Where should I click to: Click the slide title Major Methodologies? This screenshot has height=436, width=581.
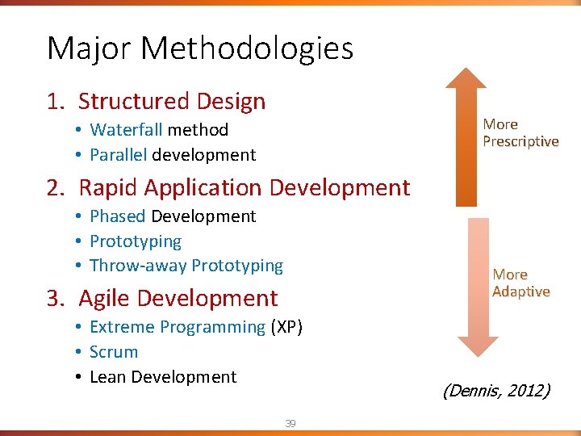200,48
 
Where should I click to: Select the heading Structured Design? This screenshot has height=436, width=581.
171,101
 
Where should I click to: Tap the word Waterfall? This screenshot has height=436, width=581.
126,130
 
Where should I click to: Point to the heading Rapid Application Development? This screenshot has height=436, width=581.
244,187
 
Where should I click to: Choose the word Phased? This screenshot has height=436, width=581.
118,216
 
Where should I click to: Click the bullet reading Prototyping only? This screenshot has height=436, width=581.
136,241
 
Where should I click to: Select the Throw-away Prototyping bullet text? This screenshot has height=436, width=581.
186,266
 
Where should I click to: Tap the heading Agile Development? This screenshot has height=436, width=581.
178,298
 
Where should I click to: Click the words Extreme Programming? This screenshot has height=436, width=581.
178,327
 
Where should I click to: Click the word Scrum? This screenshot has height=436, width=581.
114,352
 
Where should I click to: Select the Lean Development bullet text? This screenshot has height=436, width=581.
163,377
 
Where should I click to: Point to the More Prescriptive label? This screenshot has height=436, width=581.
520,132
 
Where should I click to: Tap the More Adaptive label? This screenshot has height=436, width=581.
521,283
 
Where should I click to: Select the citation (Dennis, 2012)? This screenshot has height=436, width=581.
495,392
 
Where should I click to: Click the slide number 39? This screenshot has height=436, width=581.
290,423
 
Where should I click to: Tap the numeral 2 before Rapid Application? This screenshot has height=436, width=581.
53,187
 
